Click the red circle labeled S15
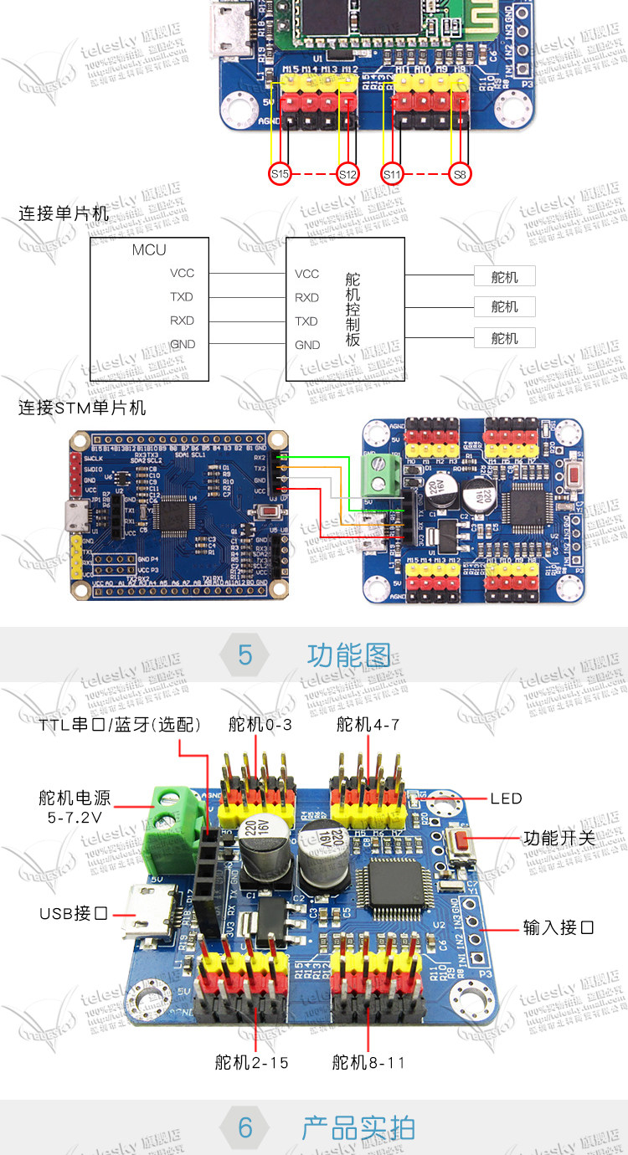click(280, 174)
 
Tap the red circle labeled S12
click(347, 174)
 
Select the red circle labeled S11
click(392, 174)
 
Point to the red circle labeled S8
click(459, 174)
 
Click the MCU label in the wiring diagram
click(149, 249)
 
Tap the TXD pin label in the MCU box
click(181, 297)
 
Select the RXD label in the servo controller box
click(306, 297)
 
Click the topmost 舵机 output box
click(504, 277)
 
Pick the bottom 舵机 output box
click(504, 338)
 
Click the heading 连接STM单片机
click(82, 408)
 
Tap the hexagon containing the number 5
click(245, 654)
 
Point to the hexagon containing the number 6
click(245, 1127)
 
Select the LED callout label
click(506, 798)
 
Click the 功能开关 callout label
click(559, 837)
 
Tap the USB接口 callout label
click(74, 913)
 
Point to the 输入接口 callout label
click(559, 927)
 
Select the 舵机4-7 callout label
click(368, 725)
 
